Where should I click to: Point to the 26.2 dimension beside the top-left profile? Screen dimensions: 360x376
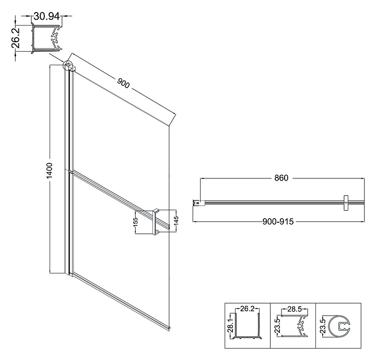pos(17,38)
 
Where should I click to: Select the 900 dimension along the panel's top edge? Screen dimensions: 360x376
pos(123,82)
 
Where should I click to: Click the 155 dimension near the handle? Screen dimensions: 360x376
pos(136,223)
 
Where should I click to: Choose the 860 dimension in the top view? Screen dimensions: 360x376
pos(281,178)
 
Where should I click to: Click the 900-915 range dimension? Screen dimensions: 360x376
pos(281,221)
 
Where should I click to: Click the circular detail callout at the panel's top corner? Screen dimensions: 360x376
pos(68,65)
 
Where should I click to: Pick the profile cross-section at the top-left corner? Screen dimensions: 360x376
pos(47,38)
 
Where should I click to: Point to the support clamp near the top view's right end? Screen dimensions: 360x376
pos(345,203)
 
